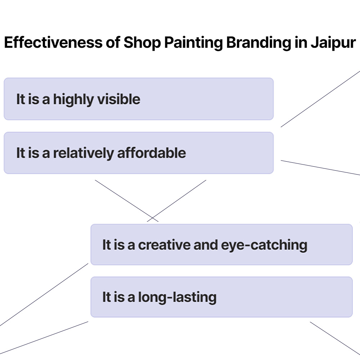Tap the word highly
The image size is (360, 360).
(74, 99)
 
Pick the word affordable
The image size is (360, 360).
(152, 153)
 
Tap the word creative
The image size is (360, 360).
(164, 245)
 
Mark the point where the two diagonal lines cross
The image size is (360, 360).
(153, 218)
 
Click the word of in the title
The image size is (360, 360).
(112, 43)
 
